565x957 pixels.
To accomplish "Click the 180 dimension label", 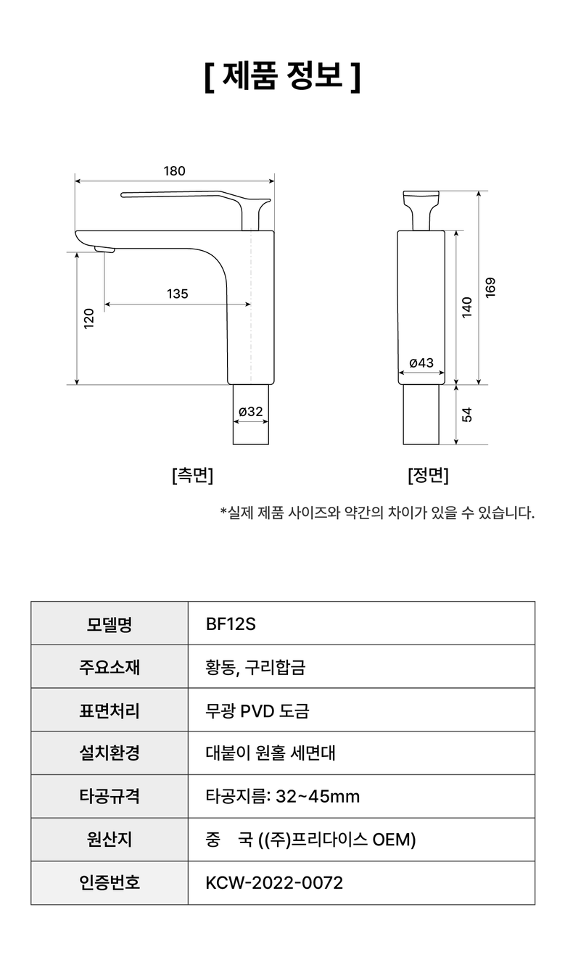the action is (x=174, y=171).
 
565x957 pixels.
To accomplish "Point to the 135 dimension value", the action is (x=178, y=294).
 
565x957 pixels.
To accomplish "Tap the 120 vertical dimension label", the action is (x=89, y=318).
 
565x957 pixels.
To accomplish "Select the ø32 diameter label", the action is (x=251, y=411).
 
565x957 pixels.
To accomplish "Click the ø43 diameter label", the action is (x=421, y=362).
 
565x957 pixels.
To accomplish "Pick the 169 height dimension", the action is (x=490, y=288).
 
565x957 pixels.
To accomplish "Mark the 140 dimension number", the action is (x=466, y=307).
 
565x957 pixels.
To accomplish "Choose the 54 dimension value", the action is (x=466, y=415).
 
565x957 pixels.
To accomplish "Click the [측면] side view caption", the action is (x=192, y=475).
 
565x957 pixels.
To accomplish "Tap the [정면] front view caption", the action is (x=428, y=475).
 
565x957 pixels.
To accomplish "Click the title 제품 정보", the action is (x=283, y=76).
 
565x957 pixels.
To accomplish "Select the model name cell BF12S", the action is (x=231, y=624).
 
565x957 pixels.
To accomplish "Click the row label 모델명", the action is (x=110, y=624).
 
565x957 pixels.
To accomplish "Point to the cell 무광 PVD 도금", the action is (x=257, y=711).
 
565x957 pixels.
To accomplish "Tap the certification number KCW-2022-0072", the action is (x=274, y=882).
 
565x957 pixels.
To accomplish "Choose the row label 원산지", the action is (x=110, y=840).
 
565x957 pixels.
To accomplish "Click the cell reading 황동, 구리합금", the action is (x=255, y=667).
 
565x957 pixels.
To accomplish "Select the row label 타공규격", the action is (x=110, y=796).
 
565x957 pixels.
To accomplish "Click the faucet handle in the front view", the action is (x=421, y=210).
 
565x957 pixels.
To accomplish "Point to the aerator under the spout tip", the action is (x=104, y=249).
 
